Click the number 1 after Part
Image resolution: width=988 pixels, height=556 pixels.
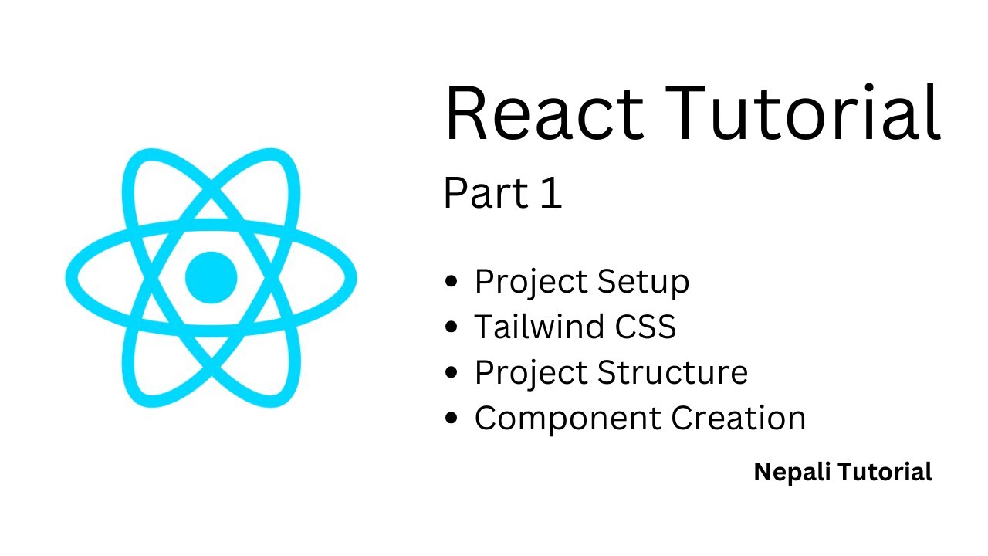pos(551,195)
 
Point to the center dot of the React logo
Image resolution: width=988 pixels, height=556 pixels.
pos(211,276)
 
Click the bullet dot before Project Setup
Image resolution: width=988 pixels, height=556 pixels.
pos(452,282)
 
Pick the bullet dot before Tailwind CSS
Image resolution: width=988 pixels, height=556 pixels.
pos(452,327)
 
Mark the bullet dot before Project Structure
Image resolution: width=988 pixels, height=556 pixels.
pos(452,373)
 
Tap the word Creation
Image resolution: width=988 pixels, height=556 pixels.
pos(738,419)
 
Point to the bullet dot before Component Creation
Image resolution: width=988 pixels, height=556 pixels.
pos(452,419)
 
